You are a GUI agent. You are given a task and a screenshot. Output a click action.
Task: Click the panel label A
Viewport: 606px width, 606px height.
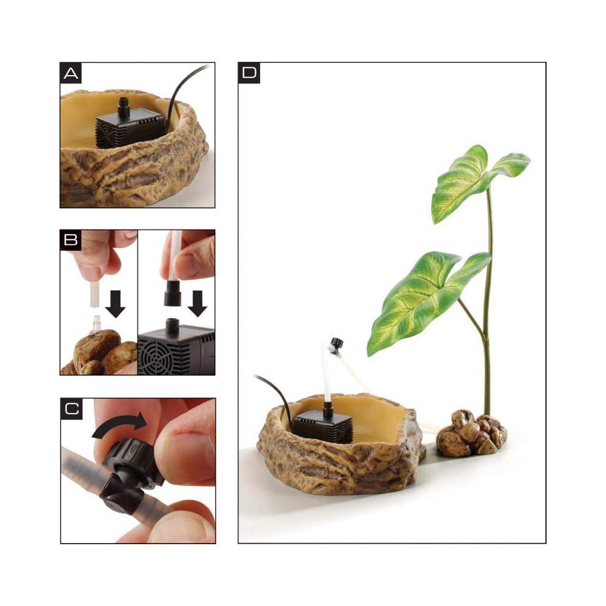click(x=71, y=73)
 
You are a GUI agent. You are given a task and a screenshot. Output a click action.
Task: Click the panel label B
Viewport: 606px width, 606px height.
click(x=71, y=239)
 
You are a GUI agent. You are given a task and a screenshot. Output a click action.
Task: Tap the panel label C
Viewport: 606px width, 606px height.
click(x=72, y=409)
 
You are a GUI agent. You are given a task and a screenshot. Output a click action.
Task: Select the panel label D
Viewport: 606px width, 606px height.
click(x=249, y=73)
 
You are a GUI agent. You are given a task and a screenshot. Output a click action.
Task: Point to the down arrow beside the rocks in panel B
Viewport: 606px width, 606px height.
click(x=115, y=304)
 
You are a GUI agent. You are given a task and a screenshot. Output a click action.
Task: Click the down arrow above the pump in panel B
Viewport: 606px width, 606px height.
click(x=198, y=304)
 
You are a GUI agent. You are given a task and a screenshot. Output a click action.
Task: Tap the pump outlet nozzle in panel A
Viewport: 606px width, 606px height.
click(x=124, y=108)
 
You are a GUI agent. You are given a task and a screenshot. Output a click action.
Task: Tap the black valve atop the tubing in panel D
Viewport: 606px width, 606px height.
click(x=336, y=344)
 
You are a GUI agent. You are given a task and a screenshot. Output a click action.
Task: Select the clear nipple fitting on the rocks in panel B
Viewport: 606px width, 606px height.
click(x=95, y=324)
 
